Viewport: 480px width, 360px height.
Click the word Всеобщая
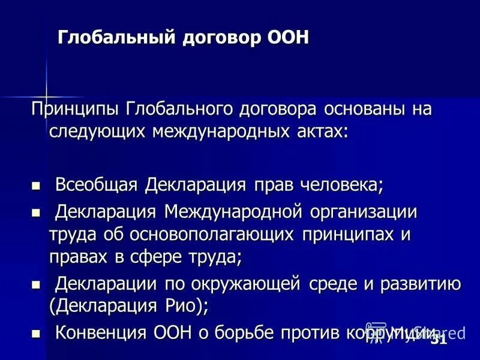coord(97,184)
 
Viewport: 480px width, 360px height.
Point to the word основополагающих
coord(199,235)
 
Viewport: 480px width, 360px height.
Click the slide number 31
coord(439,340)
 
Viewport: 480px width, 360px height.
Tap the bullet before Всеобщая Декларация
coord(35,185)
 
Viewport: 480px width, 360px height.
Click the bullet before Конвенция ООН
coord(35,333)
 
